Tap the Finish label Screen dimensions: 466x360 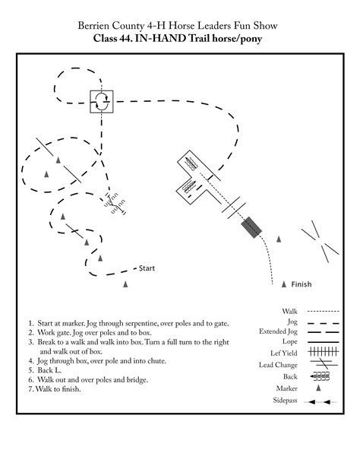[302, 285]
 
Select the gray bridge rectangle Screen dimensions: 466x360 [251, 227]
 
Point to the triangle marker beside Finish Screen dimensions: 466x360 [284, 285]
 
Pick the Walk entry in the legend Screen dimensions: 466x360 [289, 311]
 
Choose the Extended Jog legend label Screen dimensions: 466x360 [279, 332]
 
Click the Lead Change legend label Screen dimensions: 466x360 [279, 365]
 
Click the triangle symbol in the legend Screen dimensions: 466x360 [320, 387]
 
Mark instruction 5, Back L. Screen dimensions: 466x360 [46, 369]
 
